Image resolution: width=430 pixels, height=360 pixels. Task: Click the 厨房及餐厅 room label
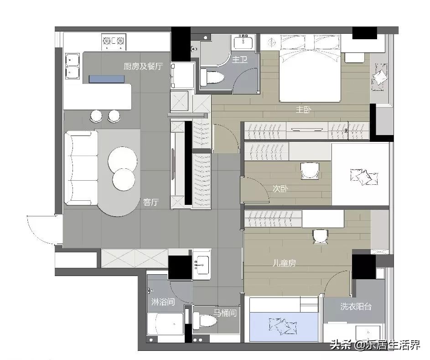pyautogui.click(x=143, y=66)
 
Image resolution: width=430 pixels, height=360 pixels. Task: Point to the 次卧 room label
pyautogui.click(x=280, y=188)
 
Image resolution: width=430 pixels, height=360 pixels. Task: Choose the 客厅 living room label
pyautogui.click(x=150, y=202)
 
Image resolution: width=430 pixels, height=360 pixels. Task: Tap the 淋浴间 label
pyautogui.click(x=163, y=302)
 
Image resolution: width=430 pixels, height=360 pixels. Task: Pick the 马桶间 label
pyautogui.click(x=225, y=313)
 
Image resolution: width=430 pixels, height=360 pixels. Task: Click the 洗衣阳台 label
pyautogui.click(x=356, y=307)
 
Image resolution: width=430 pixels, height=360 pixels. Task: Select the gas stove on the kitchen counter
pyautogui.click(x=114, y=42)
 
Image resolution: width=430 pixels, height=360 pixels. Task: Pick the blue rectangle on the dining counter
pyautogui.click(x=107, y=79)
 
